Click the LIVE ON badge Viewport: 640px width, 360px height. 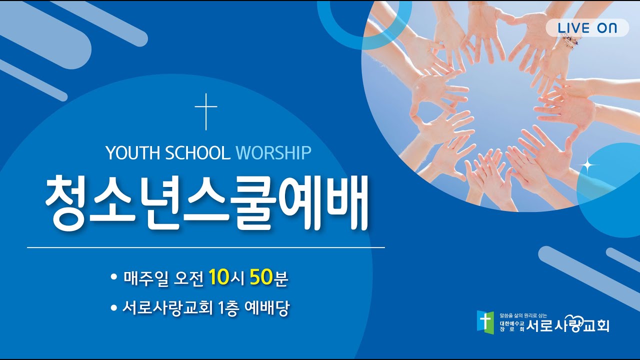pyautogui.click(x=587, y=28)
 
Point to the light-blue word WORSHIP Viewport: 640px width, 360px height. pyautogui.click(x=273, y=153)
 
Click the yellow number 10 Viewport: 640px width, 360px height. pyautogui.click(x=219, y=277)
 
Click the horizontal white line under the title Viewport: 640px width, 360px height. pyautogui.click(x=206, y=247)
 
